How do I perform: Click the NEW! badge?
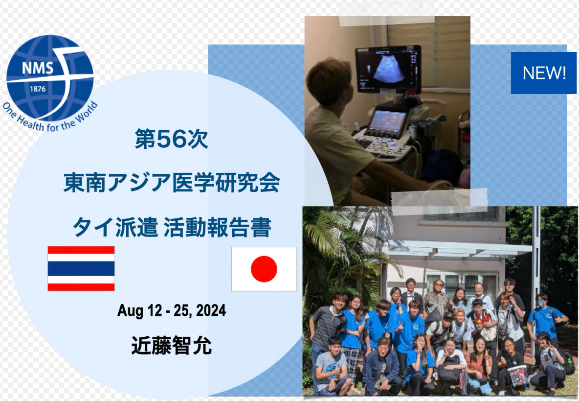pyautogui.click(x=544, y=73)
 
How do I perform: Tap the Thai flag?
pyautogui.click(x=81, y=269)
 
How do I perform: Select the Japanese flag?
pyautogui.click(x=264, y=269)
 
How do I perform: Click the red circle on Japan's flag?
pyautogui.click(x=264, y=269)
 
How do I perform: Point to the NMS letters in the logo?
pyautogui.click(x=37, y=68)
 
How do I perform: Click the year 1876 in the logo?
pyautogui.click(x=37, y=89)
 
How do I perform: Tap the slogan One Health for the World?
pyautogui.click(x=50, y=117)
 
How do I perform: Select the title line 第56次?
pyautogui.click(x=171, y=139)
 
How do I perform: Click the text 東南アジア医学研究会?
pyautogui.click(x=171, y=183)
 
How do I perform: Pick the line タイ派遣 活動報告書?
pyautogui.click(x=171, y=227)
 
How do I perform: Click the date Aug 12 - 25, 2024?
pyautogui.click(x=171, y=310)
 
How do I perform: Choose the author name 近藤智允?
pyautogui.click(x=171, y=346)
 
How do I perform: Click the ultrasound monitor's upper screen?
pyautogui.click(x=388, y=69)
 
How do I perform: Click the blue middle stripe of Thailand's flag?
pyautogui.click(x=81, y=269)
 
